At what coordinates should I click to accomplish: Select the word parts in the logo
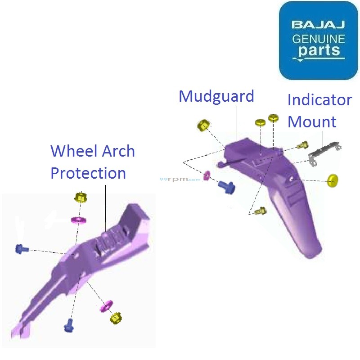click(319, 50)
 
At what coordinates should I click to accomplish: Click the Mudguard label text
click(216, 96)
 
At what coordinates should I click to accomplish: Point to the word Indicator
click(319, 99)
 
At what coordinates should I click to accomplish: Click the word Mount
click(312, 121)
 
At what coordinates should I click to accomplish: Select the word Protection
click(88, 173)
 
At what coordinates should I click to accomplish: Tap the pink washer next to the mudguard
click(207, 175)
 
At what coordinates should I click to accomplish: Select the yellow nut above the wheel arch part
click(80, 197)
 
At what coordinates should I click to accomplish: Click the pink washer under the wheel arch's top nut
click(79, 220)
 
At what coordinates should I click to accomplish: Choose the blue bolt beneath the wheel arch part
click(69, 325)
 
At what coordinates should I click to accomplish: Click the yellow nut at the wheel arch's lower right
click(116, 319)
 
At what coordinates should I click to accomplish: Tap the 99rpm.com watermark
click(180, 179)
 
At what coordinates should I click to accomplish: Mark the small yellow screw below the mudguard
click(260, 211)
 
